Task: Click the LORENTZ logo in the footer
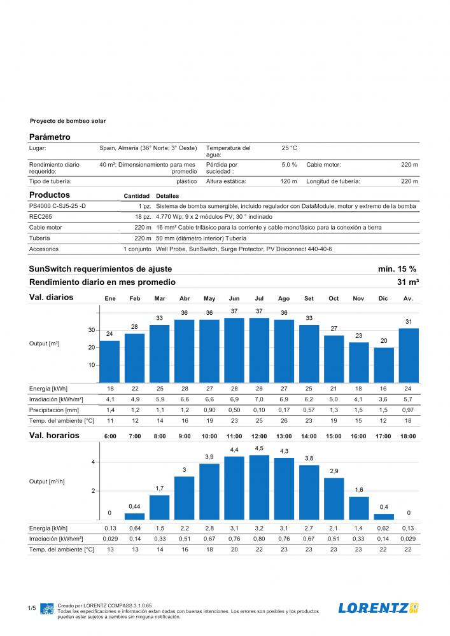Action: (x=379, y=608)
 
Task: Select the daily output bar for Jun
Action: (x=234, y=350)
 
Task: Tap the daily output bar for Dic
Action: (x=383, y=365)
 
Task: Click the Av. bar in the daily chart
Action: (x=409, y=356)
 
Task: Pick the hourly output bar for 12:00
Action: (x=259, y=487)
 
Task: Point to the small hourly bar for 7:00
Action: (x=134, y=516)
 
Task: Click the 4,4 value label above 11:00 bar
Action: (x=234, y=450)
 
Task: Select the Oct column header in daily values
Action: (x=334, y=298)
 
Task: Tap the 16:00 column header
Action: (x=358, y=436)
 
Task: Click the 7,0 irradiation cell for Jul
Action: (x=259, y=399)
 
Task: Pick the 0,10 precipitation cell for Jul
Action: (x=259, y=410)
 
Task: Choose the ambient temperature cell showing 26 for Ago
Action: (x=284, y=421)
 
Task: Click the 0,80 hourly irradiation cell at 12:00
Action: (x=259, y=539)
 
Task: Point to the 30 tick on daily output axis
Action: (x=92, y=330)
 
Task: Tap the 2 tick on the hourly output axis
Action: (x=94, y=491)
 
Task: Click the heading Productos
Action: (x=50, y=195)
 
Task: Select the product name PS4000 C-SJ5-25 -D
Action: (x=57, y=206)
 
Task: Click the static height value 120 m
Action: (x=288, y=181)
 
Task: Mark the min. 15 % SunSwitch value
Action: (x=397, y=269)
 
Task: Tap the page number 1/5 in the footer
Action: (x=32, y=608)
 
